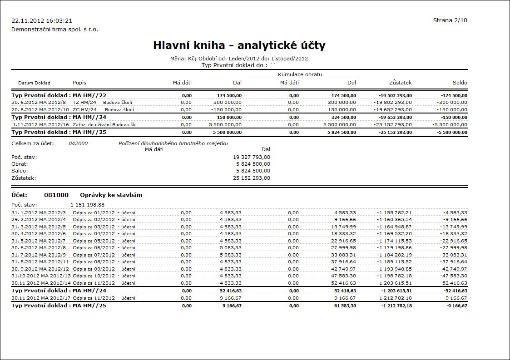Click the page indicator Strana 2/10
click(x=450, y=20)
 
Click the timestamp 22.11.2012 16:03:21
click(x=42, y=21)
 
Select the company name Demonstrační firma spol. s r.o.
click(x=54, y=30)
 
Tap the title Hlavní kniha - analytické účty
click(x=239, y=45)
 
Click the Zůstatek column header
click(x=400, y=83)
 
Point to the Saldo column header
click(x=460, y=83)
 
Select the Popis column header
click(x=79, y=83)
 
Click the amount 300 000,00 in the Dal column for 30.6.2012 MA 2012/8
click(x=227, y=103)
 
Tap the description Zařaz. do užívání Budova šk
click(x=104, y=124)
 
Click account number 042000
click(x=78, y=143)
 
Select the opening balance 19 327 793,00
click(x=251, y=157)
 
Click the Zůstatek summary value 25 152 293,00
click(x=251, y=178)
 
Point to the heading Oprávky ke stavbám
click(x=108, y=195)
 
